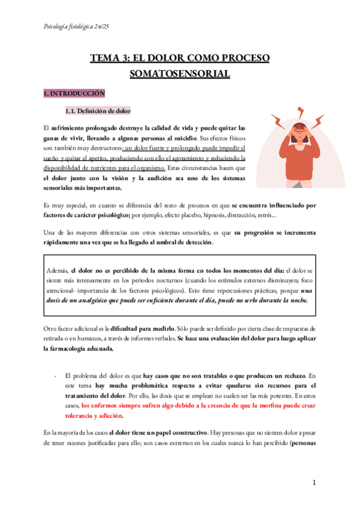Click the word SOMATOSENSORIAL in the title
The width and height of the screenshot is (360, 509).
tap(179, 74)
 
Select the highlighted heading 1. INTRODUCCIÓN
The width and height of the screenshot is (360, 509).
tap(74, 94)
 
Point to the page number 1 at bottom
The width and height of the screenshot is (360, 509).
tap(314, 483)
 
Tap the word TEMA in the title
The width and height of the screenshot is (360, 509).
tap(105, 58)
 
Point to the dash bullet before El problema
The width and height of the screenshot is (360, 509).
tap(55, 375)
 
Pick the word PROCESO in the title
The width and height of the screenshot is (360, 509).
tap(242, 58)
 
